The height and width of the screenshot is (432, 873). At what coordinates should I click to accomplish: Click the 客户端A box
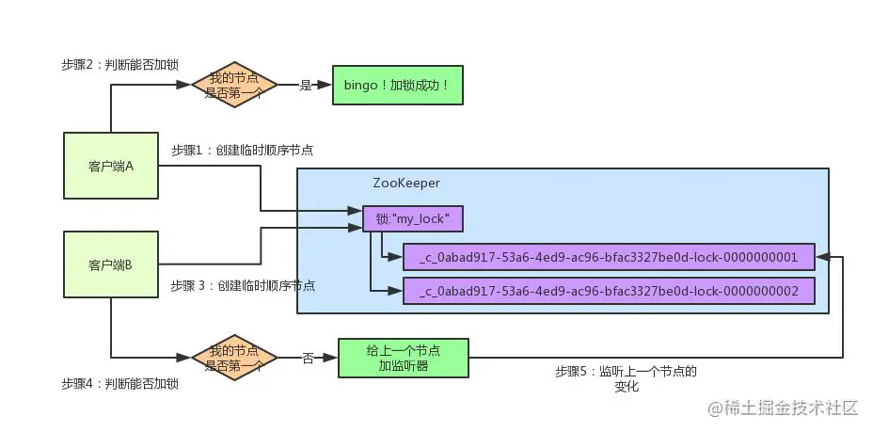click(x=111, y=166)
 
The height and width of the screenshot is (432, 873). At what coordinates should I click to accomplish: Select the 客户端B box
click(x=111, y=265)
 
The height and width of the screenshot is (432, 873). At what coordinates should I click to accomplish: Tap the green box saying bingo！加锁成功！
click(x=396, y=86)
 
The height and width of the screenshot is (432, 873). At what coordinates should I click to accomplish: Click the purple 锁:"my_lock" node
click(x=413, y=218)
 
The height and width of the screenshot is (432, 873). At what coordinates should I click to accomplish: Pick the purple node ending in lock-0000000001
click(x=609, y=257)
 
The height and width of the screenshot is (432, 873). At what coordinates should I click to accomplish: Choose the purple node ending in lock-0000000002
click(x=609, y=292)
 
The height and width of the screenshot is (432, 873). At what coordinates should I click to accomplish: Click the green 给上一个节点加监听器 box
click(x=404, y=358)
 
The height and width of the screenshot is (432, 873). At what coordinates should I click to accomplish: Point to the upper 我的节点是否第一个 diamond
click(x=233, y=85)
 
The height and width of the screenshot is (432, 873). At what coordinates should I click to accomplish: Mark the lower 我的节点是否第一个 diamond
click(x=233, y=358)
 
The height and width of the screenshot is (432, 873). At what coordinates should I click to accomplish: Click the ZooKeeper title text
click(x=406, y=183)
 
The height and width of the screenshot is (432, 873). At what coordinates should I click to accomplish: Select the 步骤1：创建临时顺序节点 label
click(x=243, y=150)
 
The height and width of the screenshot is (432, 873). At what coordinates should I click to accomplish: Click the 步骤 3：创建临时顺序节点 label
click(x=243, y=285)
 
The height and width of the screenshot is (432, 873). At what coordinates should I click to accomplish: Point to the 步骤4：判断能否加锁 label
click(x=119, y=384)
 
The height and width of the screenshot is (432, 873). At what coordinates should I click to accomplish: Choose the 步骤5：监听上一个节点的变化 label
click(x=626, y=377)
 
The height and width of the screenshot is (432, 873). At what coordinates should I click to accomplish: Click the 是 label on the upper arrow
click(x=305, y=85)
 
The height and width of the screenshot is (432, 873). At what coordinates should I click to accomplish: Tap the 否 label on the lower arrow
click(x=308, y=358)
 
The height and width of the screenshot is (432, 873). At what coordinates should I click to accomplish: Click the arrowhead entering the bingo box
click(x=325, y=85)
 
